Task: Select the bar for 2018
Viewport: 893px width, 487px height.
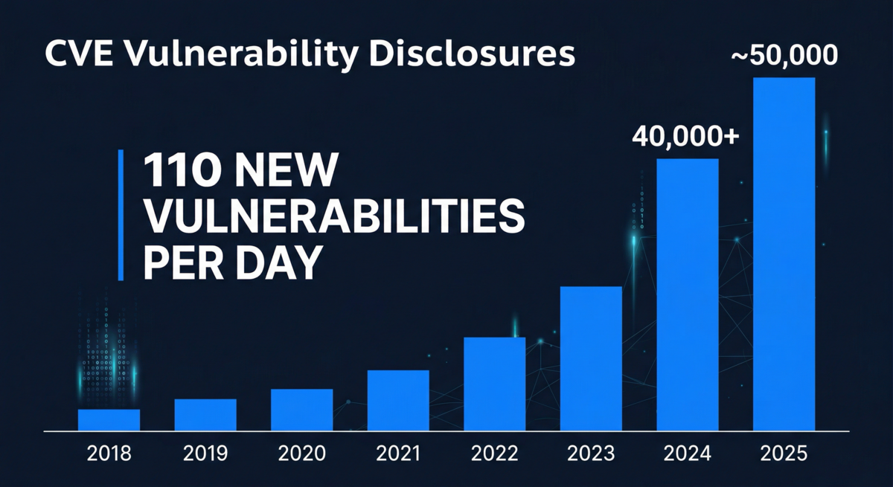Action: click(109, 420)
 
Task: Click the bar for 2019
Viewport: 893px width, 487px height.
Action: click(205, 415)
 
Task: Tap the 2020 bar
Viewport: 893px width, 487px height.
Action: click(301, 410)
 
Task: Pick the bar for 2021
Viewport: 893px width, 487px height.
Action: click(398, 400)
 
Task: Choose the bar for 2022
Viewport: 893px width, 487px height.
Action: click(494, 384)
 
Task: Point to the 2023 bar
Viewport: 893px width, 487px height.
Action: click(591, 358)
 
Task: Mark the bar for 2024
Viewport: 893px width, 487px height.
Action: click(688, 294)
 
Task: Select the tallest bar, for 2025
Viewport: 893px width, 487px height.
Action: click(784, 254)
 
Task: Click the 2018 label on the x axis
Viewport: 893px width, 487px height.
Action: click(109, 452)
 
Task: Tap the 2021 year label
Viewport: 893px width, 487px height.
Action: click(398, 452)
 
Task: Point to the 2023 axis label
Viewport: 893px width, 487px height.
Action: click(591, 452)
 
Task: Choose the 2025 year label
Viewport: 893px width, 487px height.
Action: click(784, 452)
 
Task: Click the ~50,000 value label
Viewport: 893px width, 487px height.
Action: click(784, 56)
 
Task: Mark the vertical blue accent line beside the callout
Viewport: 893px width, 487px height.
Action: click(121, 215)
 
